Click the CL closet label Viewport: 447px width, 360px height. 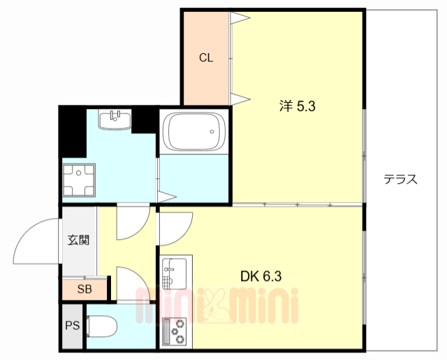pos(205,58)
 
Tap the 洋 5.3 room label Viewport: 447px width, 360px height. pos(298,106)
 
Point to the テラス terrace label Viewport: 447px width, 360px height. pos(400,179)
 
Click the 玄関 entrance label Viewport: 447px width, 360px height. pos(78,240)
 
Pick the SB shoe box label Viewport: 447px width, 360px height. pos(84,289)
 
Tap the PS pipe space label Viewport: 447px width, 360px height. pos(72,325)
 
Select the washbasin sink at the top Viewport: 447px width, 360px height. pos(115,120)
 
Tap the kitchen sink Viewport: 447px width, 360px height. pos(174,272)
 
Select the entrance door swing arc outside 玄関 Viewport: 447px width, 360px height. pos(36,241)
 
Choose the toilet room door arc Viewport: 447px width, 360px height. pos(131,282)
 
